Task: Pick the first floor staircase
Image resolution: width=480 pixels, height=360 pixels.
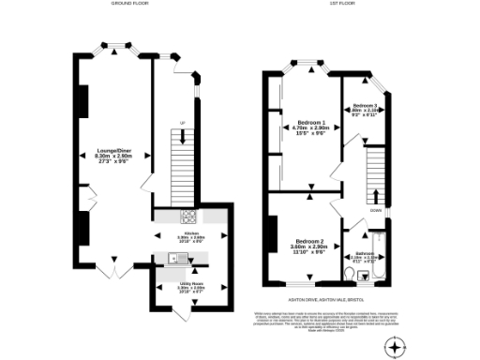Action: tap(376, 173)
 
